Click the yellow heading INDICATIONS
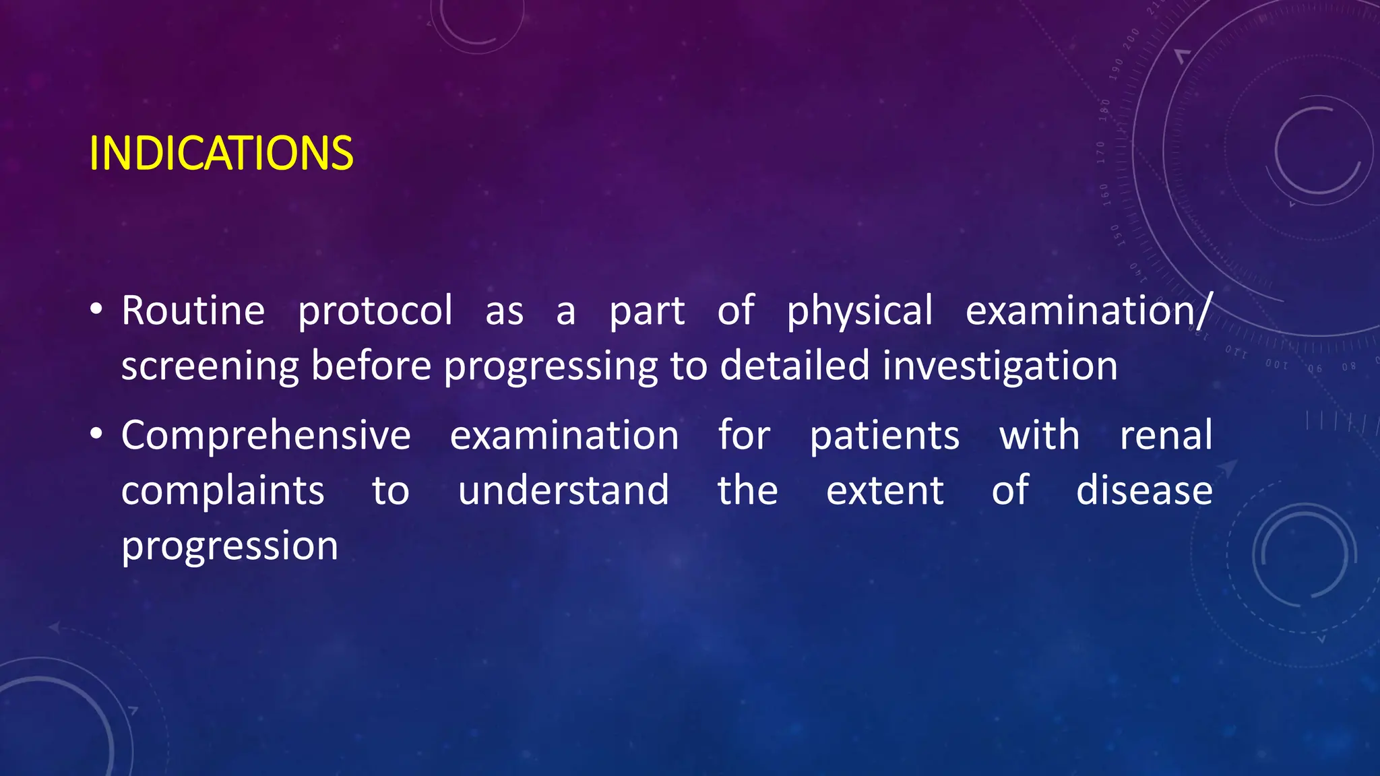click(221, 154)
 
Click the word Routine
click(193, 311)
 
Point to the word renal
click(1166, 435)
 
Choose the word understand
click(563, 490)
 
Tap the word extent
click(885, 491)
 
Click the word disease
click(1144, 490)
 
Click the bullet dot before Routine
click(96, 310)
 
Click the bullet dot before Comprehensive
click(96, 434)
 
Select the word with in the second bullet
click(1039, 435)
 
